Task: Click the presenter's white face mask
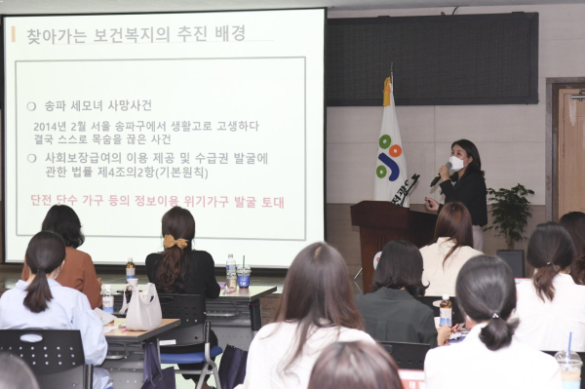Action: point(455,164)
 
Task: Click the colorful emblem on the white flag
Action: point(390,156)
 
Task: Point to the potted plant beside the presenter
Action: point(509,214)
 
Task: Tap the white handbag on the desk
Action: point(143,308)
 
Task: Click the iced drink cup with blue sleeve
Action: point(244,276)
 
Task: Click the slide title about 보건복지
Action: point(136,34)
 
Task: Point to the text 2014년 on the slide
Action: point(50,126)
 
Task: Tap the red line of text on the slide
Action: point(157,202)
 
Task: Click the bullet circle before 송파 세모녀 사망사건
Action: point(32,105)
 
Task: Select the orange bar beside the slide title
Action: point(13,34)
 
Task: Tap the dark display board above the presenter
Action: point(430,58)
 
